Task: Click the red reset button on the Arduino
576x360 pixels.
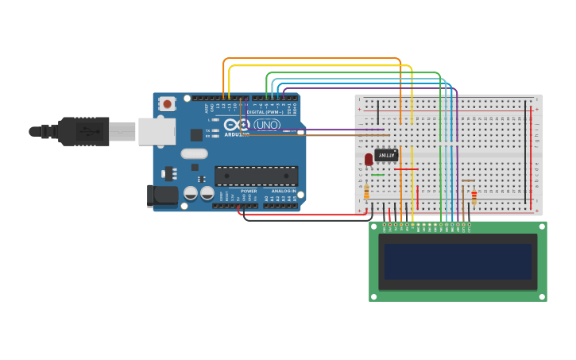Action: click(167, 104)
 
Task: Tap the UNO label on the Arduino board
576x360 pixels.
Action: click(267, 125)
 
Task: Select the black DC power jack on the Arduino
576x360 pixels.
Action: click(164, 195)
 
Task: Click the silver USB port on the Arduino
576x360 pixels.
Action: click(157, 132)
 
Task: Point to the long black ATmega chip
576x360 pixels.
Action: click(256, 176)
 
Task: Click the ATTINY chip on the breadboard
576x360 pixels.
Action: click(386, 155)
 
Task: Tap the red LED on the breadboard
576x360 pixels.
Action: click(369, 160)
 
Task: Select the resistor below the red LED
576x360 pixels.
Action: click(366, 192)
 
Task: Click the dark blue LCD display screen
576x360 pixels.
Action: click(458, 261)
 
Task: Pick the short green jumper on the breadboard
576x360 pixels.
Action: click(377, 175)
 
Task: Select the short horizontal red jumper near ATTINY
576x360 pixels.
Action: click(405, 168)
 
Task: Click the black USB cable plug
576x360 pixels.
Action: click(83, 131)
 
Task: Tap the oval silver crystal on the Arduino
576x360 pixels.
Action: click(194, 153)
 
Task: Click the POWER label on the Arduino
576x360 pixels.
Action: click(249, 191)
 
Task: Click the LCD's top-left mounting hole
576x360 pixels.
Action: click(374, 226)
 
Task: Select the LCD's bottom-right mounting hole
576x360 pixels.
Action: click(542, 296)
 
